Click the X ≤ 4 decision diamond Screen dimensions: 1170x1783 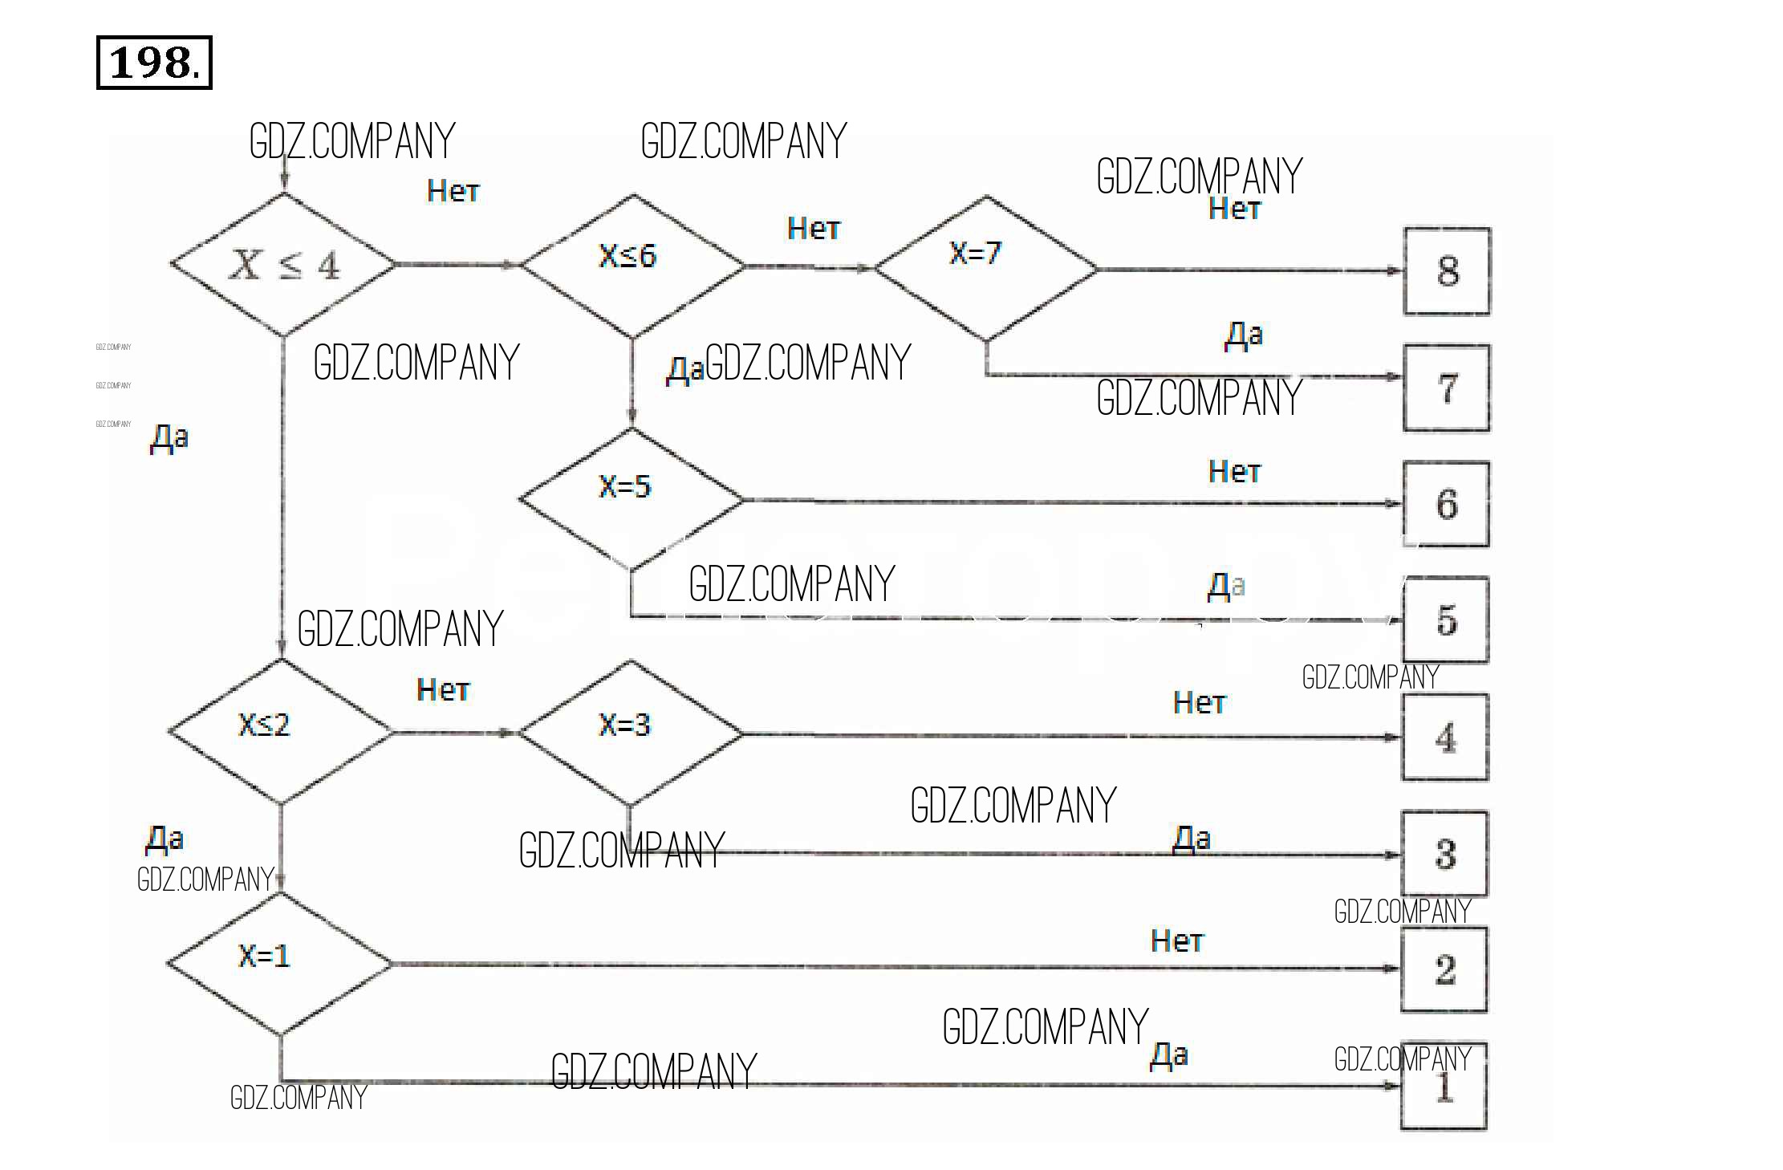[283, 264]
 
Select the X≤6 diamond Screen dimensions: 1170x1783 [632, 264]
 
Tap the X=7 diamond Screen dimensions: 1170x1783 [985, 267]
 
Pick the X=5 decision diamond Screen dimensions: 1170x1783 [631, 498]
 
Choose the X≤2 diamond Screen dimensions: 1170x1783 [281, 731]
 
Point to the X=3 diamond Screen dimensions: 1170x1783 [630, 732]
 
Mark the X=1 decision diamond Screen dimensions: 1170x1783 [279, 963]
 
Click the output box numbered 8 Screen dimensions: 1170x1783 [1447, 271]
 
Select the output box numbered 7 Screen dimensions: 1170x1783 [1447, 388]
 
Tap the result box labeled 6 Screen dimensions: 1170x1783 [1446, 504]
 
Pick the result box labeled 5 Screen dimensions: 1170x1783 [1446, 620]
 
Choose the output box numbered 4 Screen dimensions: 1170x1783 [1445, 737]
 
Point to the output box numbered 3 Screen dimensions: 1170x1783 [1445, 853]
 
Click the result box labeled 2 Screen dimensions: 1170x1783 [1444, 969]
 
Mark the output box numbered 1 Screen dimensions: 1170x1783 [1444, 1087]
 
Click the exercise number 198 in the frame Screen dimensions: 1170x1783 [153, 63]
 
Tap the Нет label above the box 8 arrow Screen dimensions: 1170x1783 [1235, 209]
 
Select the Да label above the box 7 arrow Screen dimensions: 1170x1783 [1243, 334]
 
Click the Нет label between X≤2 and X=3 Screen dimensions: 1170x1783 [443, 689]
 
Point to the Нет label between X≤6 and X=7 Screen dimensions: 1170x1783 [814, 229]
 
